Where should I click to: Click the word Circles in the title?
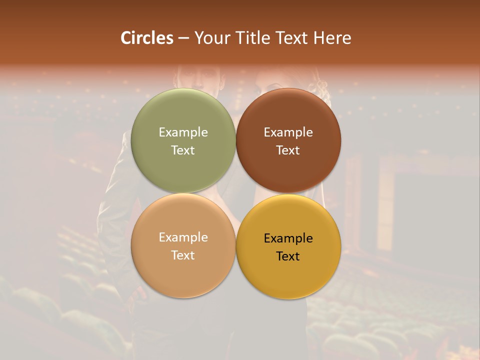click(147, 38)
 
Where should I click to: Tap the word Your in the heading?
click(211, 38)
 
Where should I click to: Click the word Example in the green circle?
click(183, 132)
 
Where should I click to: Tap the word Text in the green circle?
click(183, 150)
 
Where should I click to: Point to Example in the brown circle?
click(288, 132)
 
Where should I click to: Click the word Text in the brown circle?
click(288, 150)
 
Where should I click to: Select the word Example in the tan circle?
click(183, 237)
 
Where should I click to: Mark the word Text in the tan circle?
click(183, 255)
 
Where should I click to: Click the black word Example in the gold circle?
click(288, 238)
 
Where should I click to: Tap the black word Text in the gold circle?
click(288, 256)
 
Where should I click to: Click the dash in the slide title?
click(183, 38)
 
